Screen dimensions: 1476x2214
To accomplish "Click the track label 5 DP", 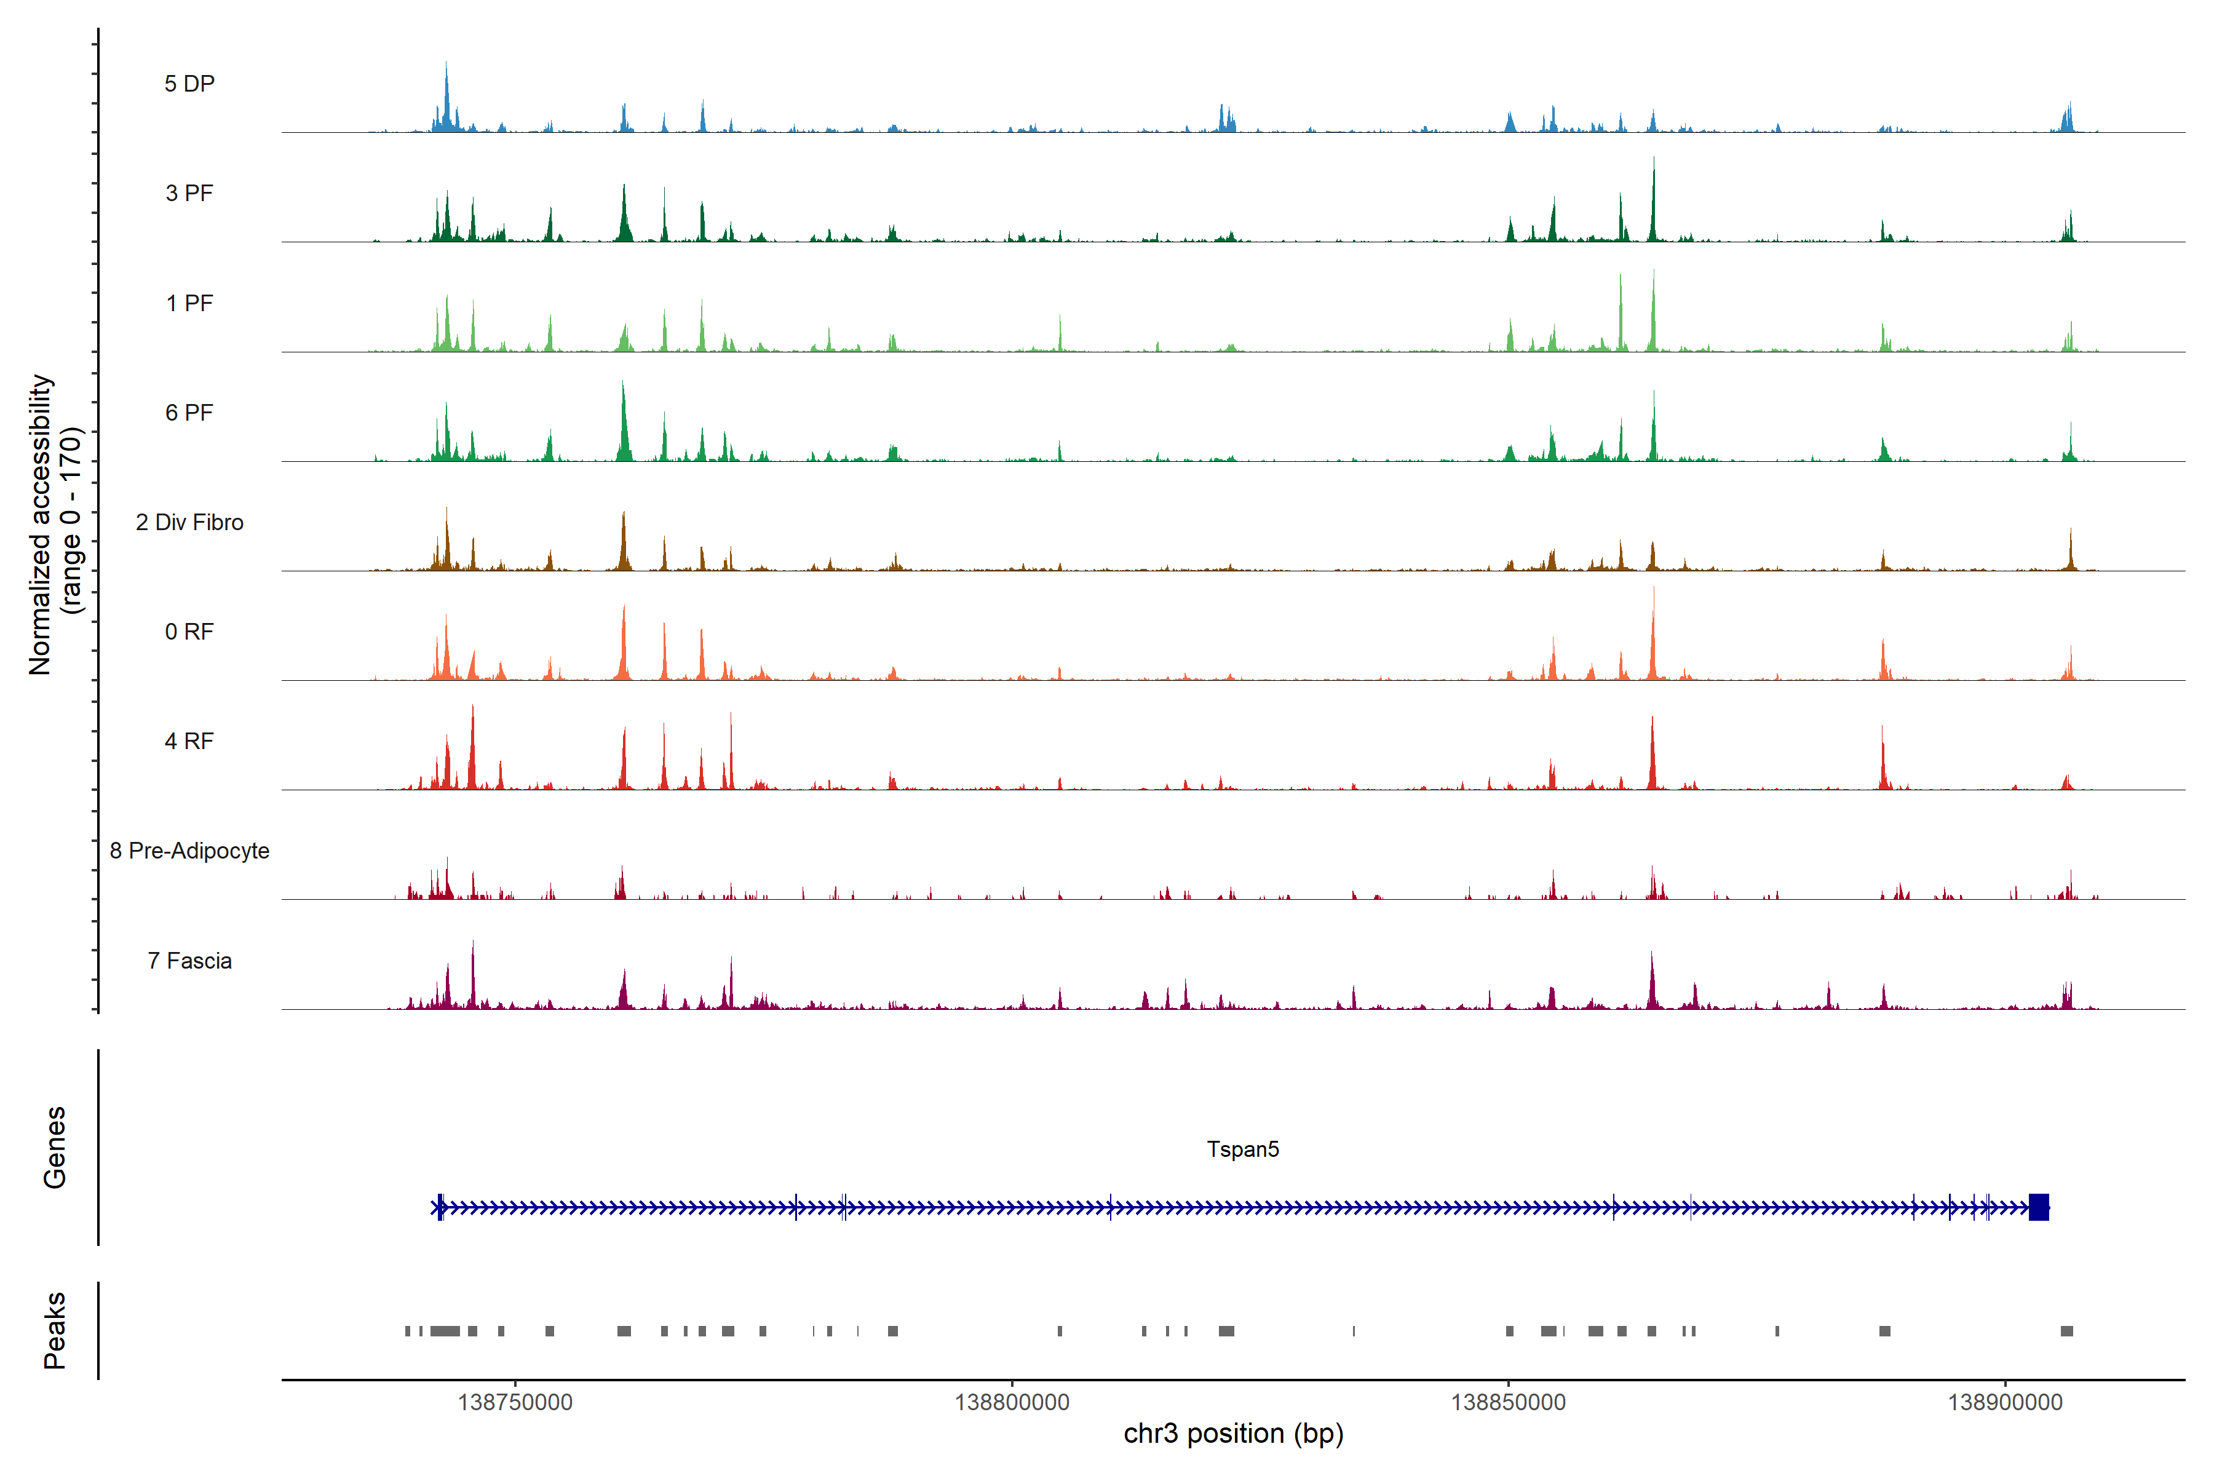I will (189, 84).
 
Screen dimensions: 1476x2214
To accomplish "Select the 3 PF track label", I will (189, 193).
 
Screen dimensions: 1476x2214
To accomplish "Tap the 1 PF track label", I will (189, 303).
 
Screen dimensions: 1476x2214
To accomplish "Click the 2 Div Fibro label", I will (189, 522).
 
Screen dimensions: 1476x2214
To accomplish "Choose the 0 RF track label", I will (189, 632).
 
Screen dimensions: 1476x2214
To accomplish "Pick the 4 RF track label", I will (189, 741).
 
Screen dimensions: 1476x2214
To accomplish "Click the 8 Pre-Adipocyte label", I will (189, 851).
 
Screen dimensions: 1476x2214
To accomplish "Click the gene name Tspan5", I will (1242, 1149).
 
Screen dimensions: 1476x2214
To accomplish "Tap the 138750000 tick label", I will (515, 1403).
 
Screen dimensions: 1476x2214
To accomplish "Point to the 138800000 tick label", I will (1012, 1403).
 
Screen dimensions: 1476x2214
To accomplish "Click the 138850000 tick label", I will (1508, 1403).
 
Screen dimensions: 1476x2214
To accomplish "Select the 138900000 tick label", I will (2005, 1403).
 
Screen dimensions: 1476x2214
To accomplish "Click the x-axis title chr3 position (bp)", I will (1233, 1434).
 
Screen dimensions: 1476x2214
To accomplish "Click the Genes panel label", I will (55, 1148).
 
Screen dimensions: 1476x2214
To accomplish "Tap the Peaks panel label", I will (55, 1330).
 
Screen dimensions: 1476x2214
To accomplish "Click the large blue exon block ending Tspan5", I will (2038, 1207).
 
